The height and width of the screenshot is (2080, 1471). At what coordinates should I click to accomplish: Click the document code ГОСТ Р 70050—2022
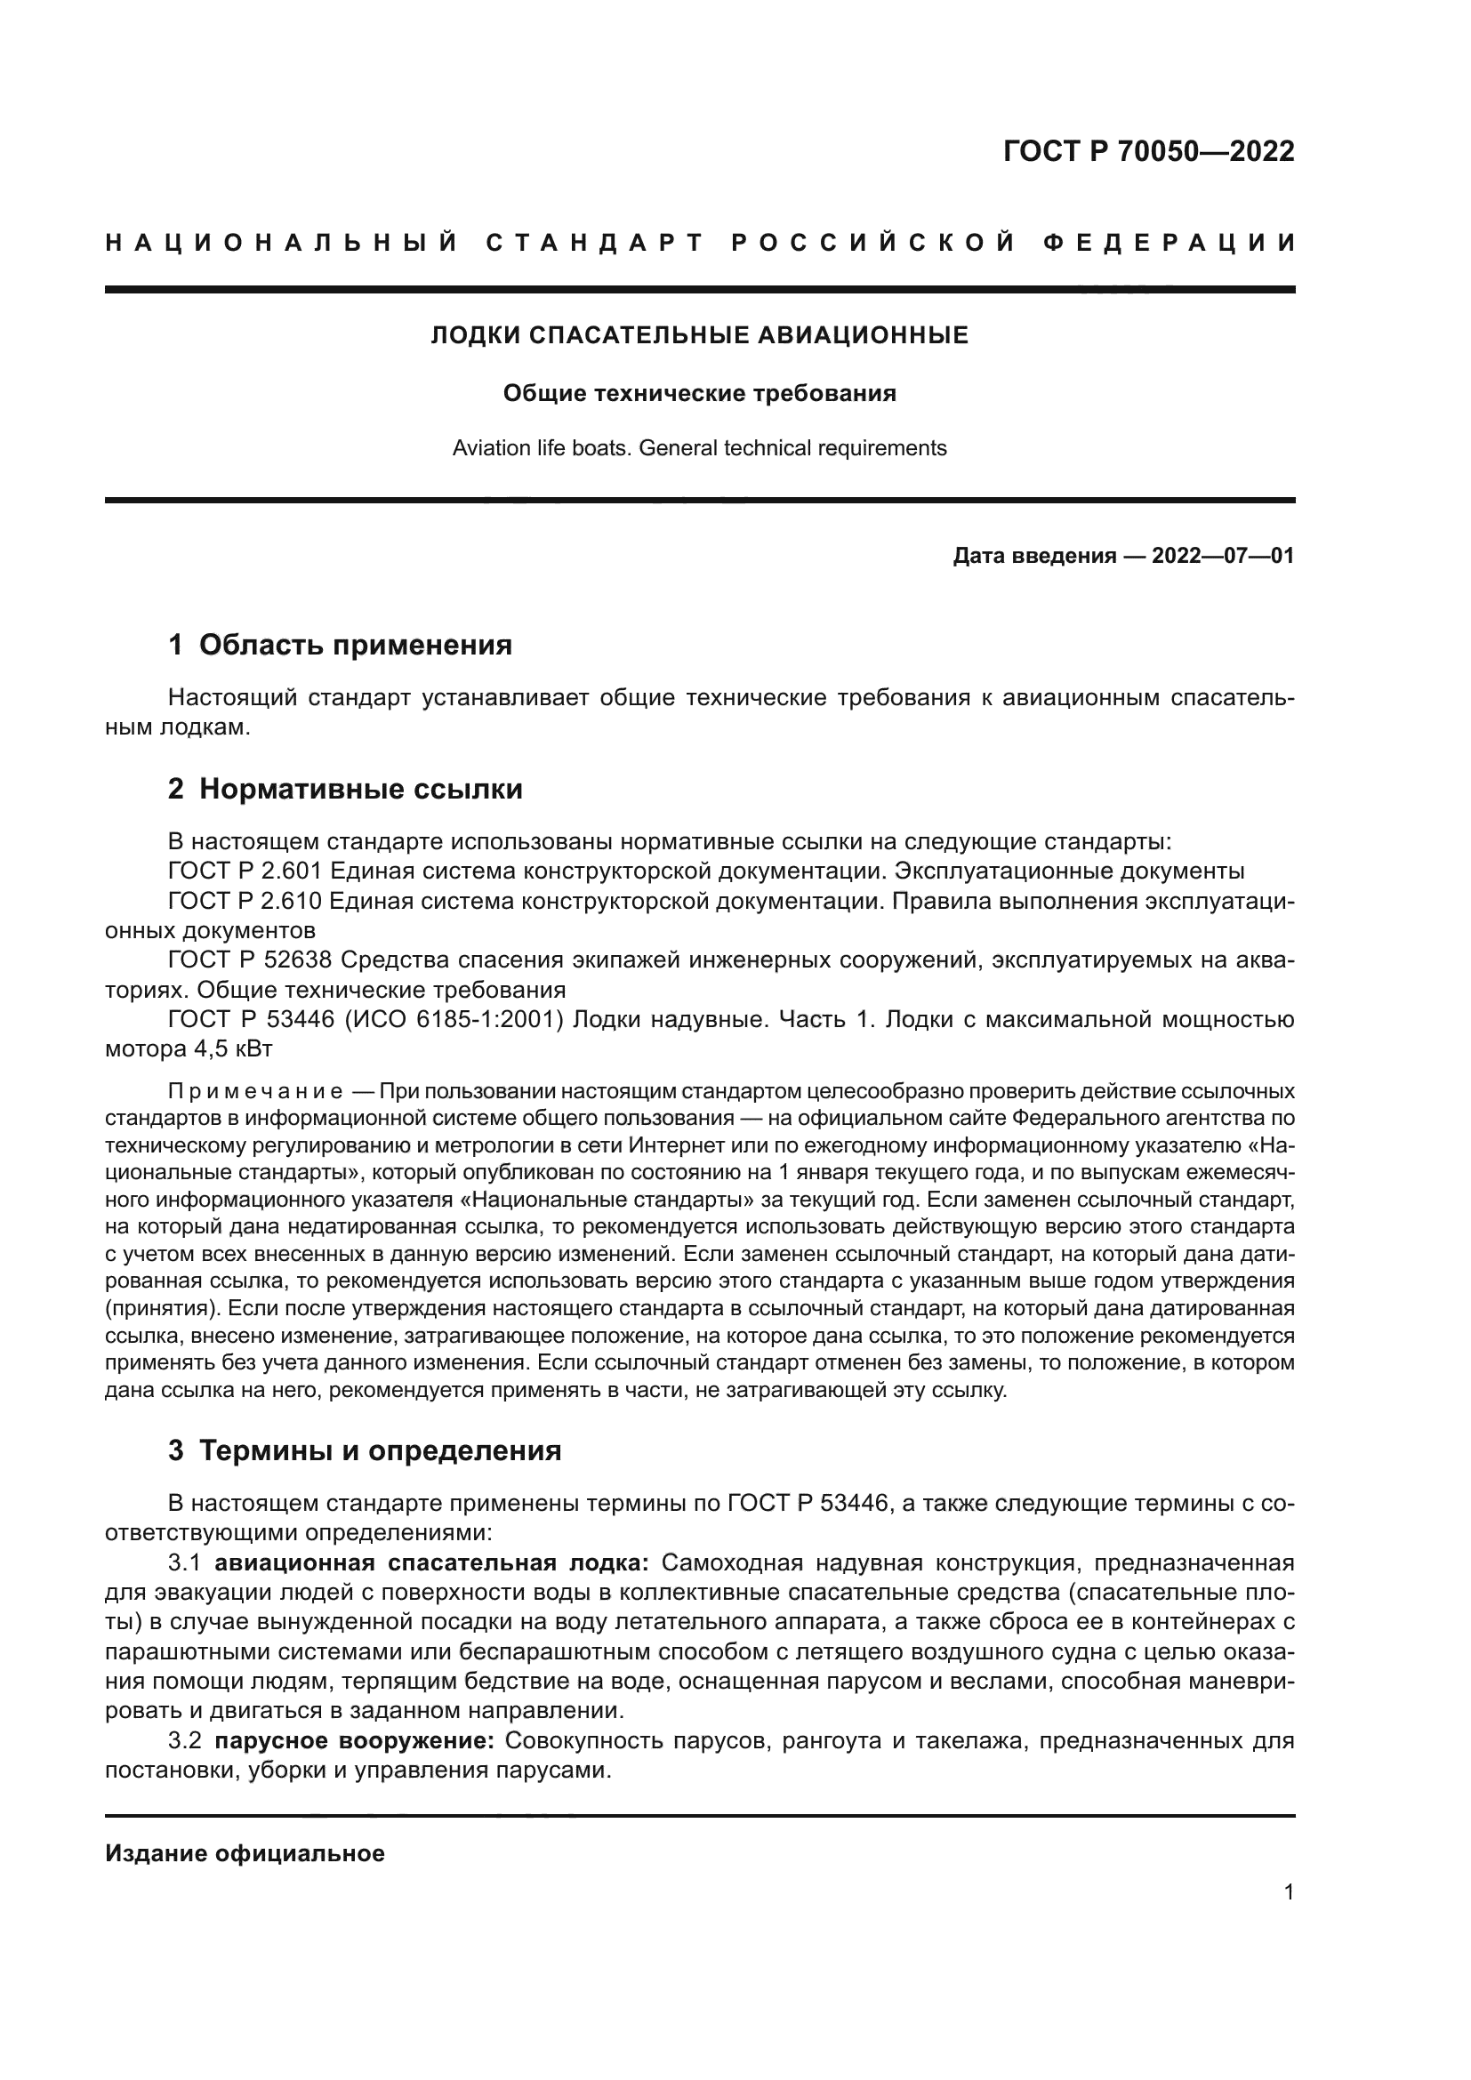(x=1147, y=151)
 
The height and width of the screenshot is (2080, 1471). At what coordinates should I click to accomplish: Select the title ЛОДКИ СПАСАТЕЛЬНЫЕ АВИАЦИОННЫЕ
(x=699, y=335)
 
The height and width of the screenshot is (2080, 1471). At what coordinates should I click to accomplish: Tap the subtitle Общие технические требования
(x=699, y=393)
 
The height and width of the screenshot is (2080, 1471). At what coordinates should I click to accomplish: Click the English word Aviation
(x=489, y=447)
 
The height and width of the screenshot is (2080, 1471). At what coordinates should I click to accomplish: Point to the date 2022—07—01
(x=1223, y=555)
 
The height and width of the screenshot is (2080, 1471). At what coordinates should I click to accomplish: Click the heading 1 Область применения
(x=340, y=645)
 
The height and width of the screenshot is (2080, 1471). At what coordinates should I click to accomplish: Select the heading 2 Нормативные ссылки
(x=345, y=789)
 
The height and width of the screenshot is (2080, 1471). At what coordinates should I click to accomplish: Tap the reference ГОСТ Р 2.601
(x=245, y=871)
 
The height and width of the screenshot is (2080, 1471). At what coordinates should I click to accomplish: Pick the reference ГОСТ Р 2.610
(x=245, y=902)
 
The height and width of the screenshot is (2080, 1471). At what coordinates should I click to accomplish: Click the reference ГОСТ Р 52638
(x=251, y=960)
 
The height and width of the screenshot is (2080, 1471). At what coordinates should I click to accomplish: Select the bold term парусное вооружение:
(x=354, y=1740)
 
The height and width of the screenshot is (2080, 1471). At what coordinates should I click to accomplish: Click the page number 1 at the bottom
(x=1288, y=1892)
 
